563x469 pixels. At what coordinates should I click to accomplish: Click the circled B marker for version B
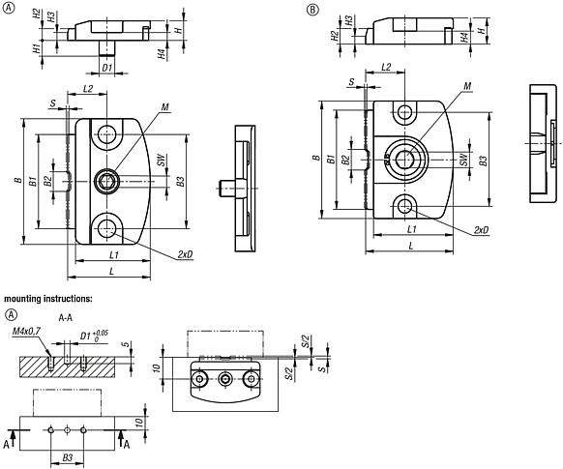(x=311, y=10)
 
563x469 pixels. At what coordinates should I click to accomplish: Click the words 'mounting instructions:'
(x=48, y=299)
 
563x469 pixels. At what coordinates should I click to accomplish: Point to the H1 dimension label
(x=36, y=48)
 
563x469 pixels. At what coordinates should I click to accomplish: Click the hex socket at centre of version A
(x=106, y=180)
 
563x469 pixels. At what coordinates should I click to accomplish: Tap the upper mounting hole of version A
(x=106, y=133)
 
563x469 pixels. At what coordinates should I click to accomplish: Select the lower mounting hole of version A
(x=106, y=227)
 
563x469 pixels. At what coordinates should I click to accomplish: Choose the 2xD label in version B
(x=481, y=230)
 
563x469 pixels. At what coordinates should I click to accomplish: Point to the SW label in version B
(x=464, y=160)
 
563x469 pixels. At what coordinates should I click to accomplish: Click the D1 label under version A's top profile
(x=107, y=69)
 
